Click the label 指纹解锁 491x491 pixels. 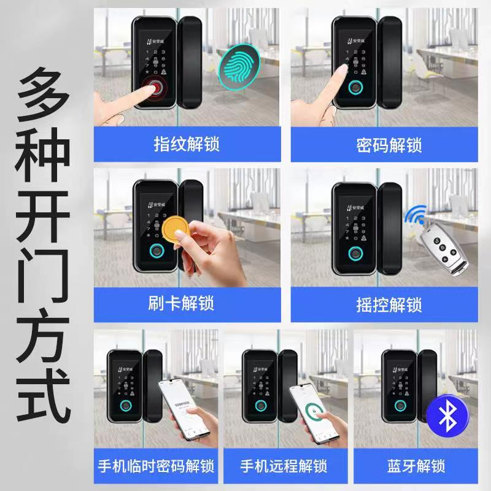click(186, 145)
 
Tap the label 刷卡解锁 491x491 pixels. click(186, 304)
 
